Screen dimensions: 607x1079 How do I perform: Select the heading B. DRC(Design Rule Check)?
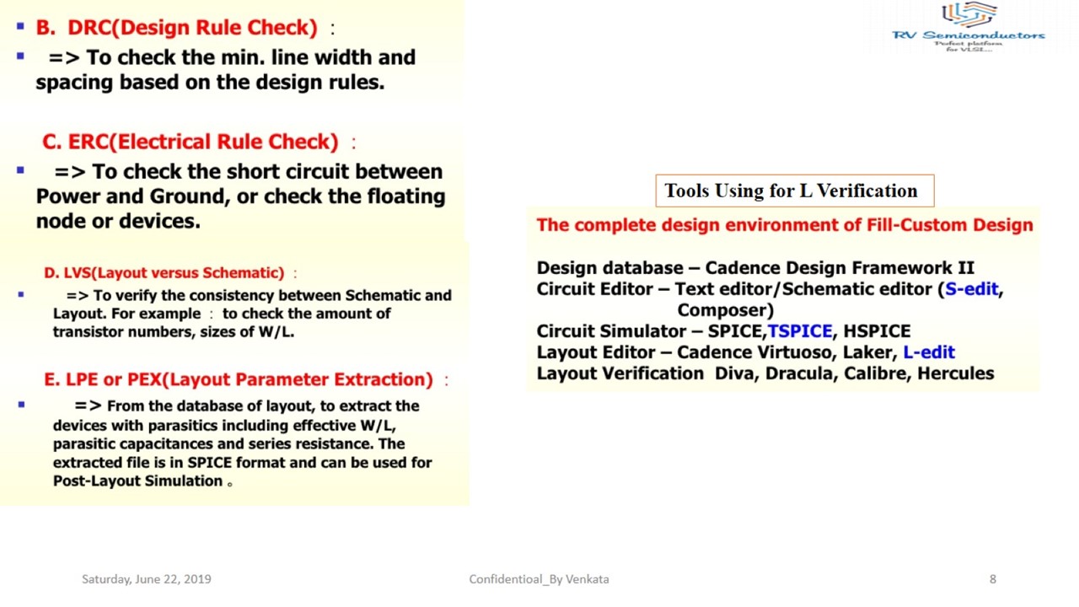[x=176, y=28]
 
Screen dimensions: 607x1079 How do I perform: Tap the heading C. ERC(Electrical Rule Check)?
[x=190, y=142]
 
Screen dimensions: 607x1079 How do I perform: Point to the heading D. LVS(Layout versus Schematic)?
[x=164, y=273]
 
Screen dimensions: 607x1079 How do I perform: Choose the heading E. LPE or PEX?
[x=238, y=379]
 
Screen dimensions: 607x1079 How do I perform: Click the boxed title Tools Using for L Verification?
[x=791, y=191]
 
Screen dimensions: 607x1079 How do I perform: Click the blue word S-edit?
[x=971, y=289]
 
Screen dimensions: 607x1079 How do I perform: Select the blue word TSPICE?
[x=799, y=331]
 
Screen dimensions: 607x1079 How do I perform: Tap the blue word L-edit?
[x=928, y=352]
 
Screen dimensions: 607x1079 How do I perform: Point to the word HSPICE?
[x=877, y=331]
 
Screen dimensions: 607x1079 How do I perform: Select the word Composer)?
[x=725, y=310]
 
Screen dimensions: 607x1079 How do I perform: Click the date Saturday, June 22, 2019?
[x=147, y=579]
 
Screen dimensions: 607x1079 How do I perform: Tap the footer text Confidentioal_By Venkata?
[x=539, y=579]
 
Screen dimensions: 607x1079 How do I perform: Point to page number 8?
[x=993, y=579]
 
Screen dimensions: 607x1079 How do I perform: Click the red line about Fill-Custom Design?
[x=784, y=225]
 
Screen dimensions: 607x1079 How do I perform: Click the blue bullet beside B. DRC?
[x=20, y=27]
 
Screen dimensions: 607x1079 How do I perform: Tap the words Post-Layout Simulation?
[x=137, y=481]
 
